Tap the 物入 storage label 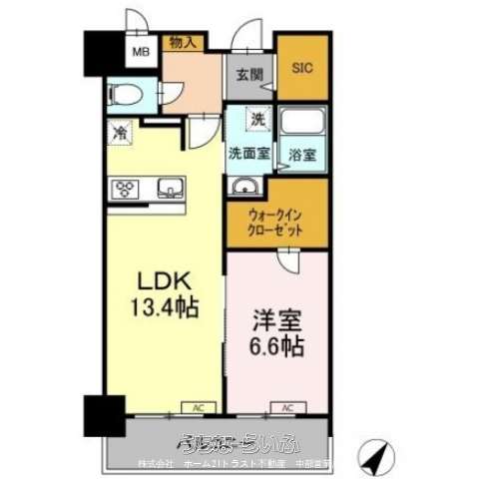[183, 42]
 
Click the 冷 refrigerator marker [120, 130]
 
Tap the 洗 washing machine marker [256, 120]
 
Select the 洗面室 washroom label [248, 154]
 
